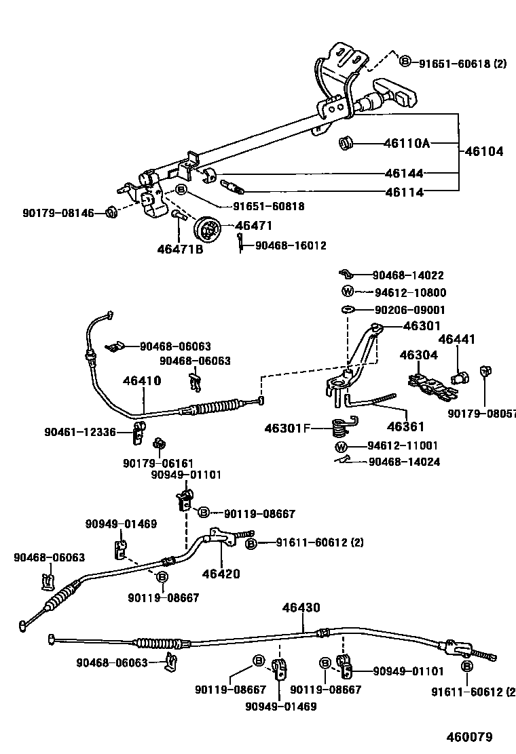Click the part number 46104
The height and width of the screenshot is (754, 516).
(x=484, y=152)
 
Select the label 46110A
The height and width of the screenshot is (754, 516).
(x=407, y=144)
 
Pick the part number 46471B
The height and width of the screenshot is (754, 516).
(x=180, y=250)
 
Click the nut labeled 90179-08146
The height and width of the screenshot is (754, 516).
(x=112, y=213)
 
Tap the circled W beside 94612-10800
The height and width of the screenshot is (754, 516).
(x=348, y=292)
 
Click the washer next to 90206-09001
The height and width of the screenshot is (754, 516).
(x=348, y=310)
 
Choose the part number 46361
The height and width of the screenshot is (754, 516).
(x=405, y=426)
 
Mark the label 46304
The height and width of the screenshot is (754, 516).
(x=418, y=355)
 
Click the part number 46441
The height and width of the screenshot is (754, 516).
(x=456, y=339)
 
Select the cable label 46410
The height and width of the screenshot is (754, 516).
(x=142, y=380)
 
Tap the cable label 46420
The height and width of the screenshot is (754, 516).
(x=221, y=574)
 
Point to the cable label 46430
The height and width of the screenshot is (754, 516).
(x=301, y=608)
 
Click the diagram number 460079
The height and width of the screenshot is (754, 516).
(x=468, y=737)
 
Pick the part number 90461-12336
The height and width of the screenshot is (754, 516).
(x=80, y=432)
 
